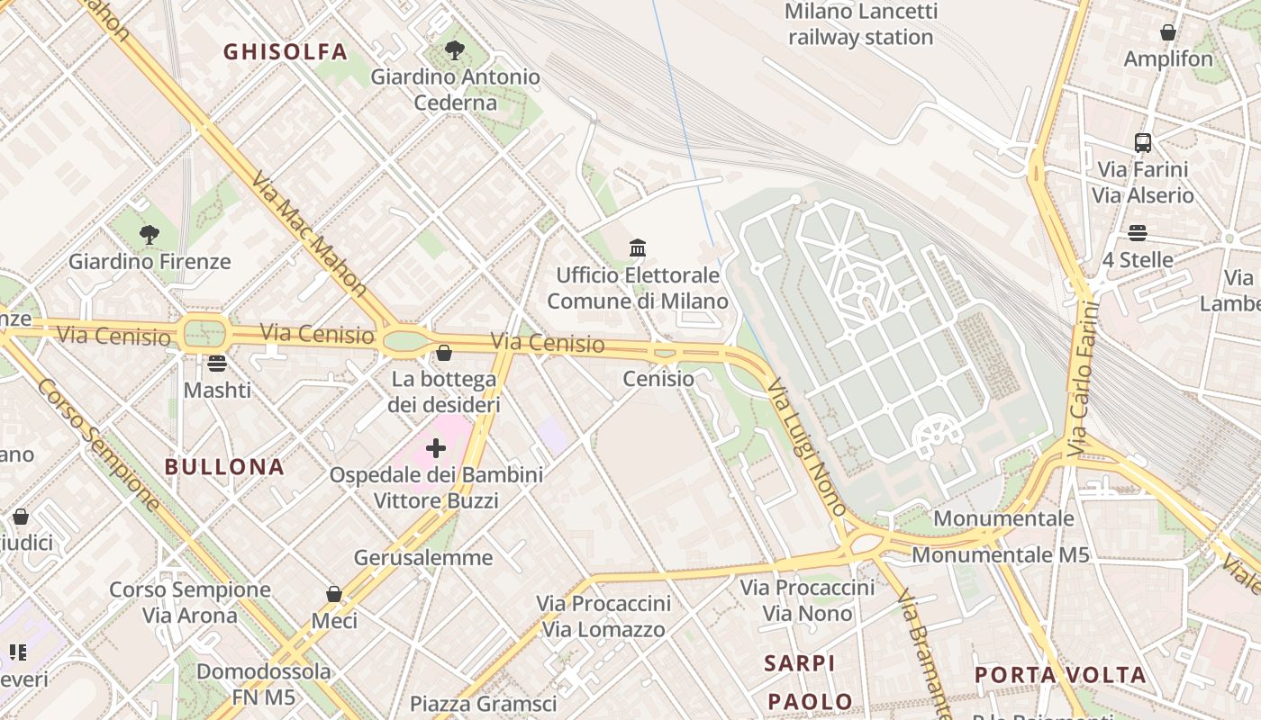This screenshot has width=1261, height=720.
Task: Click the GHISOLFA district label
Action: (285, 51)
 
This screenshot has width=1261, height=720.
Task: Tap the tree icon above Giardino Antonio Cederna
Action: (455, 49)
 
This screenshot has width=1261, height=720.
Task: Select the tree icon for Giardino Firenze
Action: (150, 235)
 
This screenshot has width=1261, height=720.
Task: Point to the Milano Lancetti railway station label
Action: (860, 24)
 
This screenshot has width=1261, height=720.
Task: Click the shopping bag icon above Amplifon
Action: (1168, 32)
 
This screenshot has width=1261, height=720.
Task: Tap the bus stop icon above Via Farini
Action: (1142, 142)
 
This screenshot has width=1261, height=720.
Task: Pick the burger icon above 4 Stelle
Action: (1138, 233)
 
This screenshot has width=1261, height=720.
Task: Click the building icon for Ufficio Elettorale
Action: (638, 247)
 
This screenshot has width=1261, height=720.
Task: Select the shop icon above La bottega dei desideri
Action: (443, 353)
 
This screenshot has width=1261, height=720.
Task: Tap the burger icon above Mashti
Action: (216, 364)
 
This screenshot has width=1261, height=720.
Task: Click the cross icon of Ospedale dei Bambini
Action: (436, 447)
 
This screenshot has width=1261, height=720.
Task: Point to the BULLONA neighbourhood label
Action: (224, 466)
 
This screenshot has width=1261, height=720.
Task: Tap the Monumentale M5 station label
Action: (1001, 554)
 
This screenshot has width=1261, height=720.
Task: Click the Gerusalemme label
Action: (423, 557)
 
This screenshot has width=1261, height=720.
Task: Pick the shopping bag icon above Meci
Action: (334, 594)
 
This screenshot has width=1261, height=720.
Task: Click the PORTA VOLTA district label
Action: (1060, 675)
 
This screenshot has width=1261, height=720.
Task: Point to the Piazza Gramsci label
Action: (483, 703)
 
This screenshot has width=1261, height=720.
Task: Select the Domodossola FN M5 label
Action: (263, 684)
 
